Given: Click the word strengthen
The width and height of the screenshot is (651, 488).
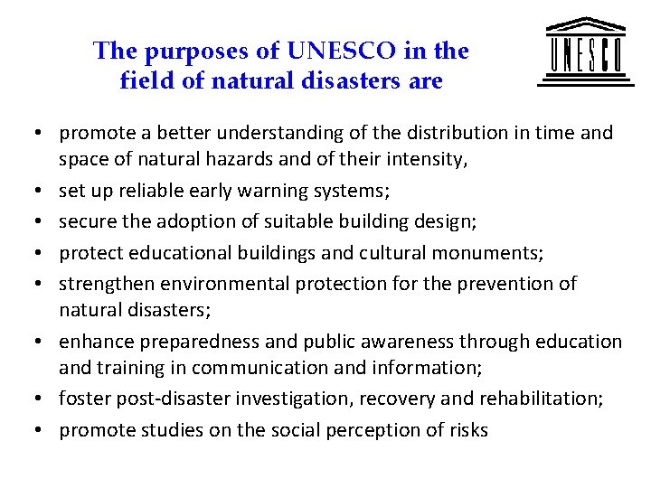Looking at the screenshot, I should (x=107, y=283).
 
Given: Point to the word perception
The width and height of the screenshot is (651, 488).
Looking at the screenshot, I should (x=348, y=430).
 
